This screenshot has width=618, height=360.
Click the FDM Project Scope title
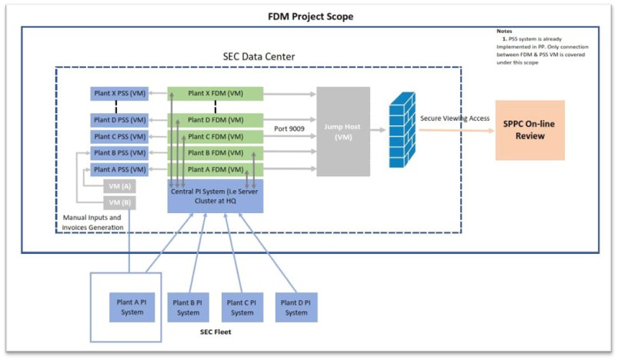[x=310, y=16]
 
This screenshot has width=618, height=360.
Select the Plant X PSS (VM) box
[x=119, y=94]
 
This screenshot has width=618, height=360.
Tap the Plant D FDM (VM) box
[x=215, y=120]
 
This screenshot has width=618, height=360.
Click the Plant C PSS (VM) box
[x=119, y=137]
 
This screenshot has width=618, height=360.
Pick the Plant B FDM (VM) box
[x=215, y=153]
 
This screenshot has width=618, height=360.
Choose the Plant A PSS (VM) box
[x=119, y=169]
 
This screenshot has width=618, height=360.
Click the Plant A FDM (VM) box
[x=215, y=169]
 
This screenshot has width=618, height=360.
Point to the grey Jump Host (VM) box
[x=343, y=131]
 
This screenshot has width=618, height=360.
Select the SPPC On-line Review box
[x=529, y=130]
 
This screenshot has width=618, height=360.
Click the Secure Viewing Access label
[x=456, y=118]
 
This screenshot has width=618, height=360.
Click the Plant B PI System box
[x=188, y=307]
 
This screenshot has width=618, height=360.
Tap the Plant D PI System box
[x=296, y=307]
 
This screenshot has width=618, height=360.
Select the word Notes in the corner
[x=504, y=31]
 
